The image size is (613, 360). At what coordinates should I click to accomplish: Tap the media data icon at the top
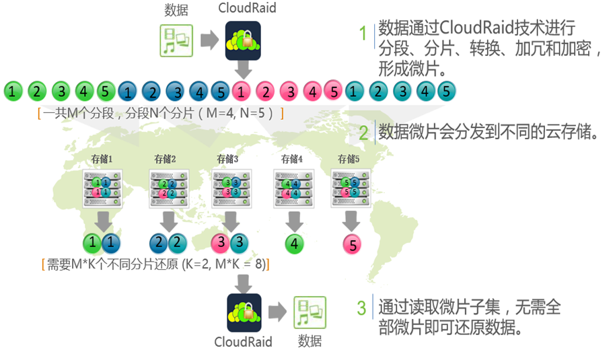point(176,40)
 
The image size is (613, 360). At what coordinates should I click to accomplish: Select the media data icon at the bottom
point(310,313)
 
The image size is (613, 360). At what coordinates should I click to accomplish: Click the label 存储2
point(166,159)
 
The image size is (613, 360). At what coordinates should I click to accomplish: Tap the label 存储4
point(291,159)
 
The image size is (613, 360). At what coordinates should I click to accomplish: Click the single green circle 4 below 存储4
point(295,244)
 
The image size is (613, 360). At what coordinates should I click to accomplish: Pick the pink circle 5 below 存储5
point(353,244)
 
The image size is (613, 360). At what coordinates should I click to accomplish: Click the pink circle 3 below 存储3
point(221,243)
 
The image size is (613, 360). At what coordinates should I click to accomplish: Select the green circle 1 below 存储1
point(93,243)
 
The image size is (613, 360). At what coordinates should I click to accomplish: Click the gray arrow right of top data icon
point(209,40)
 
